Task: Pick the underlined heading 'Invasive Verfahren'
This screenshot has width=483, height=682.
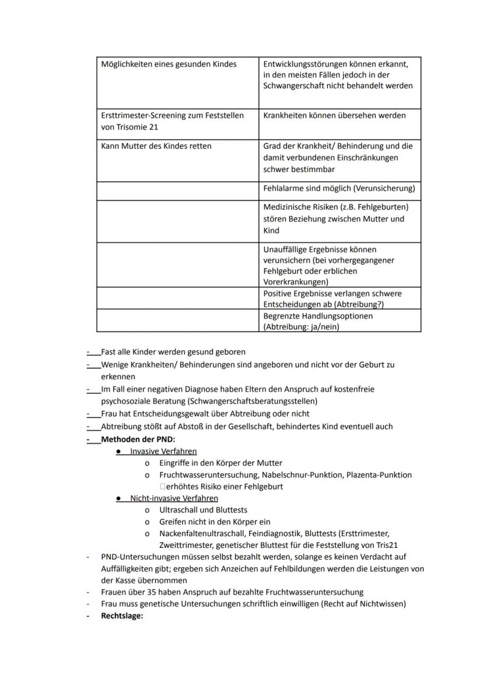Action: pyautogui.click(x=163, y=451)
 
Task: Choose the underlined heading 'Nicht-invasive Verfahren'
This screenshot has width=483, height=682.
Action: pyautogui.click(x=174, y=498)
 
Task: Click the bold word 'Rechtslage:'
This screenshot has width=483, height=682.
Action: pyautogui.click(x=122, y=615)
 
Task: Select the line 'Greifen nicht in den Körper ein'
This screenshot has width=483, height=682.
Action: pyautogui.click(x=215, y=522)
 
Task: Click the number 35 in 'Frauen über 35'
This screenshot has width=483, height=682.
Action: pyautogui.click(x=156, y=592)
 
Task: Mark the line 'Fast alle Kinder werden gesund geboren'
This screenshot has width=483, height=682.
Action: pyautogui.click(x=173, y=352)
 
